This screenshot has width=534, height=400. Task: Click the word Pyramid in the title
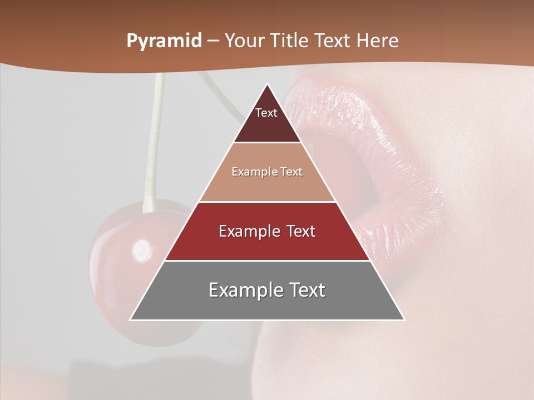coord(164,41)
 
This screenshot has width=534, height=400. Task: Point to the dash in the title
coord(212,42)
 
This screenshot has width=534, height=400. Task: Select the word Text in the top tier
coord(266,113)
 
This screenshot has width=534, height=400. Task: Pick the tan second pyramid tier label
coord(267,172)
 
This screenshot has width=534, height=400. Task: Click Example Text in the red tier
coord(267,231)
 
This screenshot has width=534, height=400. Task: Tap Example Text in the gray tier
coord(267,290)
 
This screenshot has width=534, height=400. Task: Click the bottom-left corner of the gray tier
coord(131,319)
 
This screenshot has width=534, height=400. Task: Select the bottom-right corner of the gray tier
coord(404,319)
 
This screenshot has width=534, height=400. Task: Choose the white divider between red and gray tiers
coord(267,261)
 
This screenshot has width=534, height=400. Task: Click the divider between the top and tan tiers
coord(267,143)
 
